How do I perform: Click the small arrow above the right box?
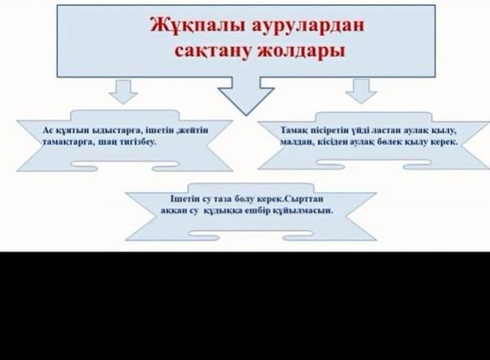tap(359, 91)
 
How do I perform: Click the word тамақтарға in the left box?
tap(61, 141)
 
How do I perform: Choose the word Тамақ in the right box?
tap(293, 130)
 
